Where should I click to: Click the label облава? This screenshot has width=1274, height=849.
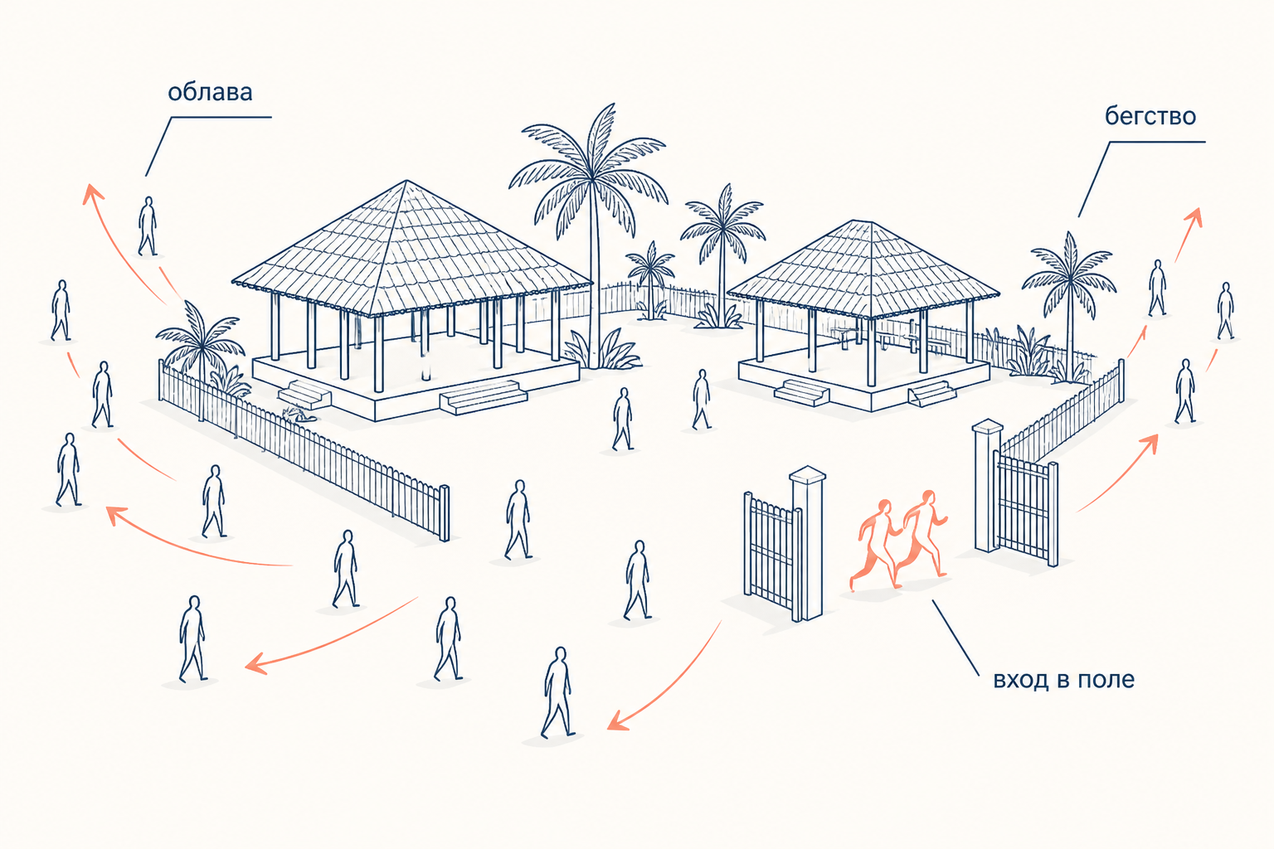pos(210,92)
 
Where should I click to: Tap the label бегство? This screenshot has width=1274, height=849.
pos(1150,116)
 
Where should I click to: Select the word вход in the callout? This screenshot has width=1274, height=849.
pos(1021,680)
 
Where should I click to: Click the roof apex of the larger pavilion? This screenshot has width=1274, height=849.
pos(406,182)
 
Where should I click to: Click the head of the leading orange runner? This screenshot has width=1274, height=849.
pos(927,497)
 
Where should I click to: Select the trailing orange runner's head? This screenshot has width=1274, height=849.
pos(884,506)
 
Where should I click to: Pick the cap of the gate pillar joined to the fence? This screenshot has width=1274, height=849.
pos(987,425)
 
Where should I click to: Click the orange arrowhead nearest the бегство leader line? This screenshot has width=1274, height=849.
pos(1194,216)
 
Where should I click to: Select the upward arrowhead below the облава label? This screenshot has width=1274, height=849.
pos(92,193)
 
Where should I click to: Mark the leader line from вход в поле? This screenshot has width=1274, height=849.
pos(955,638)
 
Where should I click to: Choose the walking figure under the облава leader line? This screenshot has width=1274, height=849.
pos(148,226)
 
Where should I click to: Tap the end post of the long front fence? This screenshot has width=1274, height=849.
pos(445,513)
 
